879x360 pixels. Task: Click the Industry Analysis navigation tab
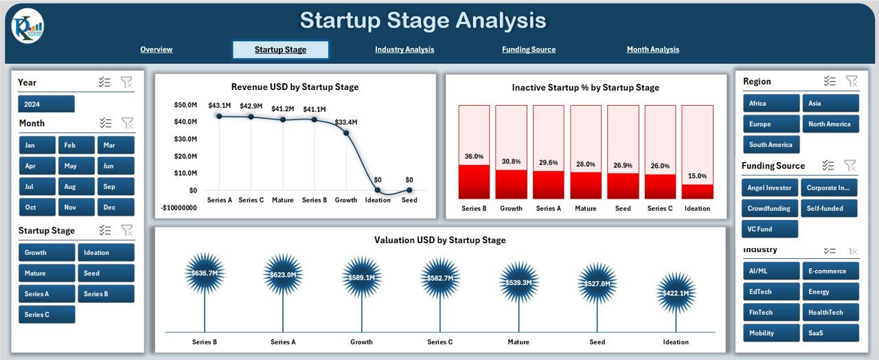click(404, 49)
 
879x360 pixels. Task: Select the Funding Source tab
click(528, 49)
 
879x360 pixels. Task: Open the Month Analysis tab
click(652, 49)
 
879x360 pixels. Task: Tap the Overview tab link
click(156, 49)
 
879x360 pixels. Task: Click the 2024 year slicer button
click(46, 104)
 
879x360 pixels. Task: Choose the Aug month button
click(76, 186)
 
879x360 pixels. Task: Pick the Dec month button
click(115, 207)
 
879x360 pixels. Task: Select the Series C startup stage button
click(46, 315)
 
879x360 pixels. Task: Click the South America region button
click(770, 145)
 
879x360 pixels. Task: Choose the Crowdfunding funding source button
click(770, 208)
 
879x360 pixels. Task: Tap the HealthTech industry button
click(830, 313)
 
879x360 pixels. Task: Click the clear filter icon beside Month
click(127, 123)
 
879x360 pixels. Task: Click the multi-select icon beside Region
click(830, 81)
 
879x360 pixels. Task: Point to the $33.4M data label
click(345, 122)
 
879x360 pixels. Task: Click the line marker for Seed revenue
click(409, 190)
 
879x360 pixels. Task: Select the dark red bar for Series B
click(474, 181)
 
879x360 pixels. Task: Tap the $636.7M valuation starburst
click(205, 274)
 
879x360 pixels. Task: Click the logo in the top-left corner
click(27, 26)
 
